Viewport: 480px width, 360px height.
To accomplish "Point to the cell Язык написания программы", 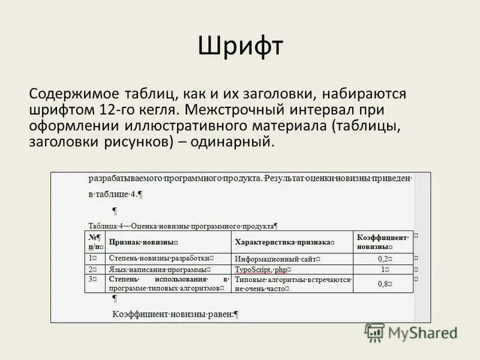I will click(x=161, y=270).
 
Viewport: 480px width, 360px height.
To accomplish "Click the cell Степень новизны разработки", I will click(x=161, y=259).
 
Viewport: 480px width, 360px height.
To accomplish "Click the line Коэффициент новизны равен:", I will click(x=176, y=314).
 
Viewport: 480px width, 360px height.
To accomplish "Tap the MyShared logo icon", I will click(x=375, y=332).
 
